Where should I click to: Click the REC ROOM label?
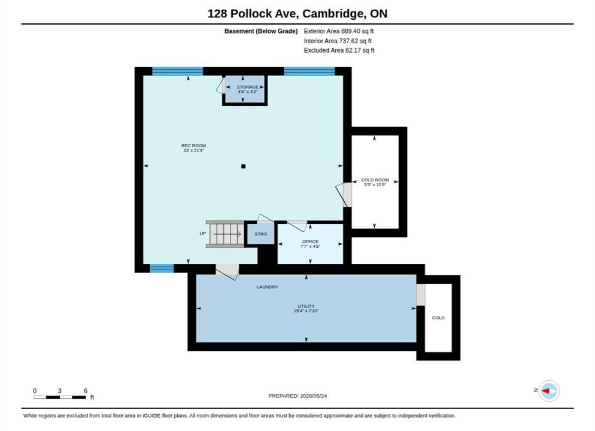point(193,148)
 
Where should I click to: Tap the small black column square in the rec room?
point(243,166)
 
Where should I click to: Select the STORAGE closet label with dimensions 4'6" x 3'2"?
point(247,89)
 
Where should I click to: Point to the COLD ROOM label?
point(375,182)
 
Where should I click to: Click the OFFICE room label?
point(310,244)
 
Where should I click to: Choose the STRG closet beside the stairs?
point(261,234)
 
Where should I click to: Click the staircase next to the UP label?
point(226,234)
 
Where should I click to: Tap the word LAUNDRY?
point(267,287)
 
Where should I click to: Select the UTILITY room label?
point(306,308)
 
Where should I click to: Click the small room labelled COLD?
point(438,317)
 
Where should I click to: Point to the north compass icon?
point(549,391)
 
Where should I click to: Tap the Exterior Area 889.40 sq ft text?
point(338,31)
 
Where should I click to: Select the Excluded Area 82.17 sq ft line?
point(339,50)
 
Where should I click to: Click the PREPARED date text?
point(297,396)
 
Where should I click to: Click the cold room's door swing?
point(343,195)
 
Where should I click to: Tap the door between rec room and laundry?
point(227,271)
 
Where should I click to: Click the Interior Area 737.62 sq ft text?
point(338,41)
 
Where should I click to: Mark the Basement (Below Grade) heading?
point(261,31)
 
